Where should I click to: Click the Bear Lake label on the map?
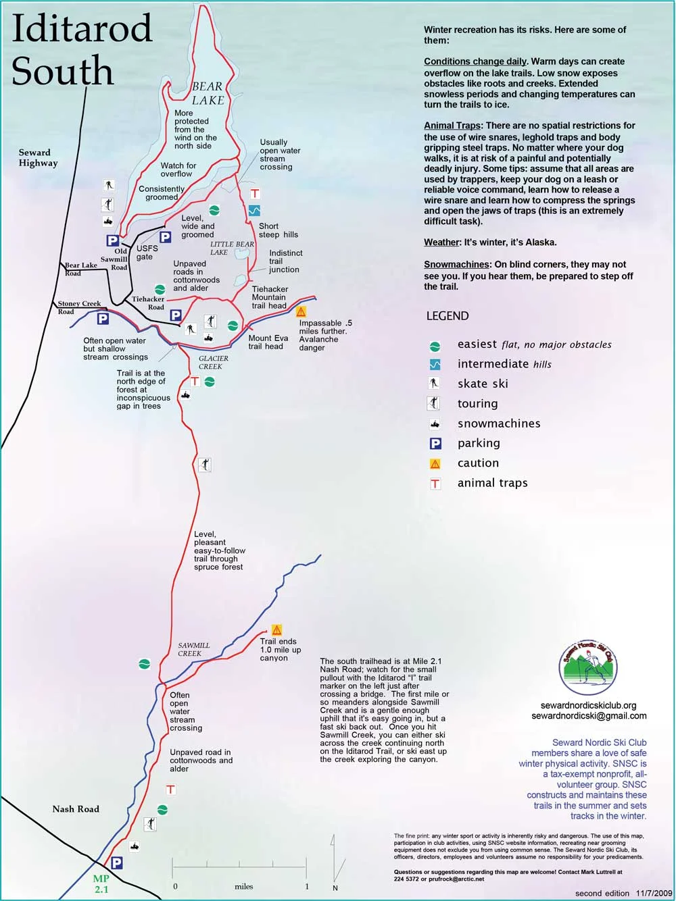point(208,93)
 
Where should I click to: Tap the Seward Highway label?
point(38,157)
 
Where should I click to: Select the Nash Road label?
point(76,808)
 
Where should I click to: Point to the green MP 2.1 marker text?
point(101,884)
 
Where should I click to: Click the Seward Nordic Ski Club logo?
point(588,669)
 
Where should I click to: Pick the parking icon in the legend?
point(435,444)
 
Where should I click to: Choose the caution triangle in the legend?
point(435,464)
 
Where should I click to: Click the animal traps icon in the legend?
point(435,484)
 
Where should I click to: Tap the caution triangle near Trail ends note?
point(276,629)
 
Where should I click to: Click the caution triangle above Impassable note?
point(301,311)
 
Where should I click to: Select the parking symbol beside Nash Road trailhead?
point(116,863)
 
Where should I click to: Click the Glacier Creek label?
point(213,363)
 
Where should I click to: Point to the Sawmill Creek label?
point(193,649)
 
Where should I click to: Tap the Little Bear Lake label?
point(232,248)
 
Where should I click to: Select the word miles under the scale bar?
point(243,886)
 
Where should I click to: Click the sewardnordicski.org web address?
point(588,705)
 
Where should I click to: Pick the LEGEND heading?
point(447,316)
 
